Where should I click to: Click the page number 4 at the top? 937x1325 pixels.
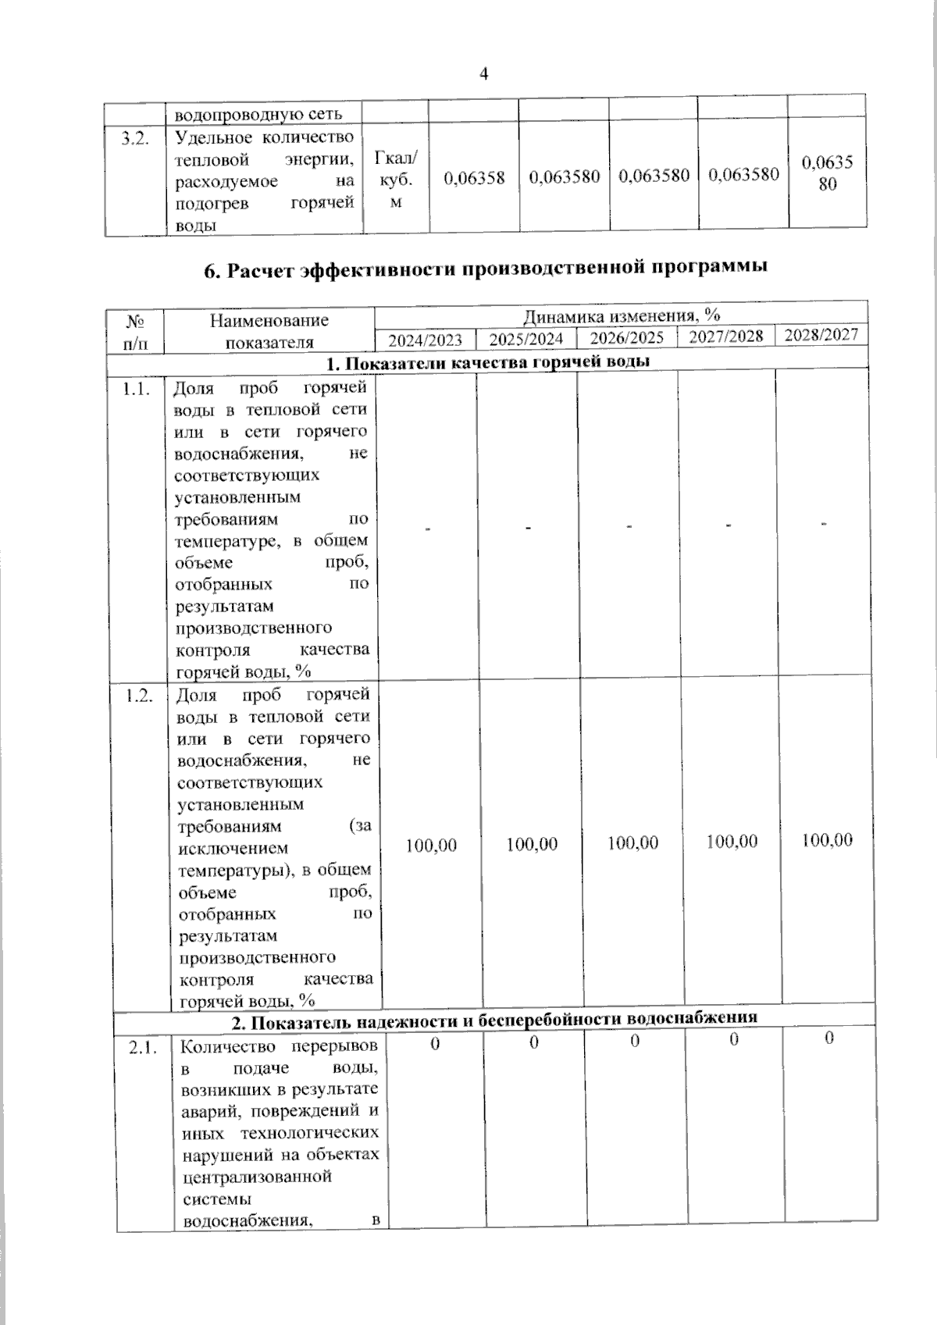tap(483, 74)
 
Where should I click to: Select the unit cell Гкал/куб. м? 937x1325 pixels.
tap(396, 180)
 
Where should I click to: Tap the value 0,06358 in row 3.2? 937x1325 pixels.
tap(474, 178)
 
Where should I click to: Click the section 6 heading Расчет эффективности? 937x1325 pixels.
tap(485, 269)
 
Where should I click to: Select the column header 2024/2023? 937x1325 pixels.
tap(426, 340)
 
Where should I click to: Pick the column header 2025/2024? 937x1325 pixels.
tap(526, 340)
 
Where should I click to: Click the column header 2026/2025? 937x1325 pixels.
tap(627, 338)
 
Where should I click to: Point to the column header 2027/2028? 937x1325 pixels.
tap(726, 337)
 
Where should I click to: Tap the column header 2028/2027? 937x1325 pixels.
tap(821, 335)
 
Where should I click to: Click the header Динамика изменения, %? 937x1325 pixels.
tap(622, 315)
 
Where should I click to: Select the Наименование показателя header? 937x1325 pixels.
tap(269, 331)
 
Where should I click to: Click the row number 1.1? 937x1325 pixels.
tap(136, 390)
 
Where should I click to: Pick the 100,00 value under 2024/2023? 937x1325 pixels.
tap(431, 846)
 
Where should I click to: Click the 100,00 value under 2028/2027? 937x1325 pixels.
tap(827, 840)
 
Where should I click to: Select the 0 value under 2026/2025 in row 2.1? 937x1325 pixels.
tap(635, 1041)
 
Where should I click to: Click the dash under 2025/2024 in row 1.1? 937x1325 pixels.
tap(528, 529)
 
